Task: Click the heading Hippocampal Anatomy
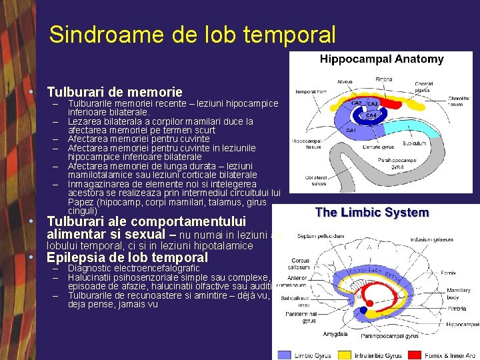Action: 381,59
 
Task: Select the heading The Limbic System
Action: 371,213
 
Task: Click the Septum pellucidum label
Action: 321,235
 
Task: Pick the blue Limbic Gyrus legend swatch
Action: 284,355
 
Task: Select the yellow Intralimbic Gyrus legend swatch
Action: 345,355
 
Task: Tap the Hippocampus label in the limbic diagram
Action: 463,325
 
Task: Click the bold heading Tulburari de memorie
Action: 115,92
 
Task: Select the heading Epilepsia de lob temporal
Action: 127,257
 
